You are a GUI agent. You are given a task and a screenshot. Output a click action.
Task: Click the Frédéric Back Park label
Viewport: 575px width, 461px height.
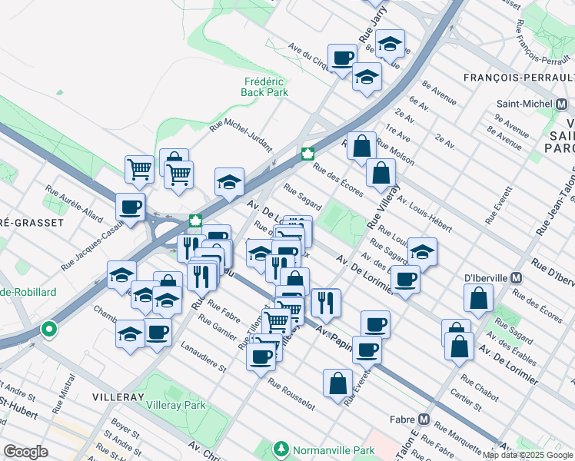click(x=264, y=87)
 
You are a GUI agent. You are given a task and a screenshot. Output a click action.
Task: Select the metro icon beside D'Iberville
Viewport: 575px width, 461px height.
click(x=517, y=277)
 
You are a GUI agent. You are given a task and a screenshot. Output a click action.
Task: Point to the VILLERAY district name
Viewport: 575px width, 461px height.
click(x=118, y=397)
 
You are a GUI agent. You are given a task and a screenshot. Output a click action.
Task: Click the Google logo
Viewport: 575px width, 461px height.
click(x=25, y=452)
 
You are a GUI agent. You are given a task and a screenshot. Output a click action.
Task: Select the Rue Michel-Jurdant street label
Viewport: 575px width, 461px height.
click(x=241, y=137)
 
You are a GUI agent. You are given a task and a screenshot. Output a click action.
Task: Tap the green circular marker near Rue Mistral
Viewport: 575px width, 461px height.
click(x=49, y=330)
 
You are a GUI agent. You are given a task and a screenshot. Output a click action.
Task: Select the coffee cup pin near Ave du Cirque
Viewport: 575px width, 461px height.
click(x=342, y=57)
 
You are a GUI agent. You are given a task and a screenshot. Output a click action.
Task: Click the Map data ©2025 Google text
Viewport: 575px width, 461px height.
click(x=527, y=455)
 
